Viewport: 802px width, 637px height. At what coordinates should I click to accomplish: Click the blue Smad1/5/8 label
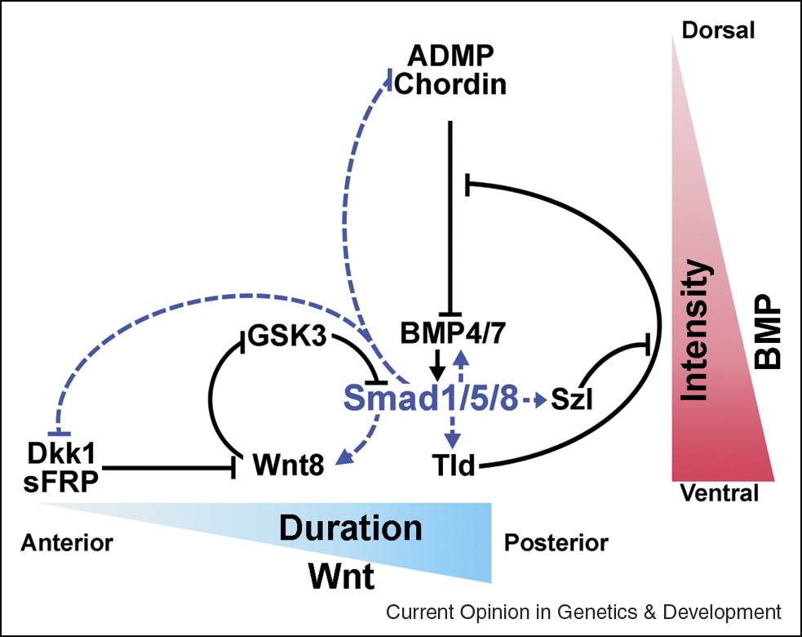[x=430, y=398]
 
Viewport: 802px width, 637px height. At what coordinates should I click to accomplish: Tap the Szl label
[x=572, y=400]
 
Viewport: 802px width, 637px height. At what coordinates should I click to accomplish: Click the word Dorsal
[x=718, y=31]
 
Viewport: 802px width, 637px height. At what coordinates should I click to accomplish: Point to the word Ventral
[x=718, y=494]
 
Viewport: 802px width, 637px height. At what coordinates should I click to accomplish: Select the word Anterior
[x=67, y=542]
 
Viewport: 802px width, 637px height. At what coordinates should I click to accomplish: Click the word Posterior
[x=556, y=542]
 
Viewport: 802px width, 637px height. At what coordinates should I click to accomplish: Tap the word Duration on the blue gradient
[x=351, y=528]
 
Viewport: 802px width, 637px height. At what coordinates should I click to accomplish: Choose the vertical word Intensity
[x=694, y=330]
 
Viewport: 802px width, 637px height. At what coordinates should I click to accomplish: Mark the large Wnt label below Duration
[x=341, y=577]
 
